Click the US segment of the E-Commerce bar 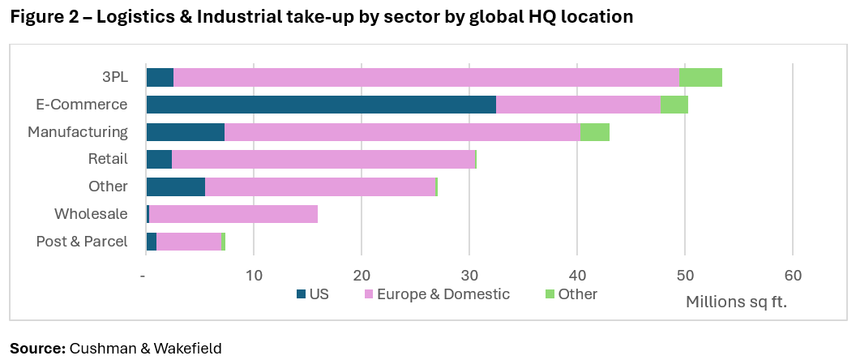coord(321,105)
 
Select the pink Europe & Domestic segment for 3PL coord(426,78)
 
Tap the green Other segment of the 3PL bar coord(700,78)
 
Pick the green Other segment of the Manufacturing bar coord(594,132)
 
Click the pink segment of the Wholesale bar coord(233,214)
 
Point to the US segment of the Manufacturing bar coord(186,132)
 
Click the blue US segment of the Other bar coord(176,186)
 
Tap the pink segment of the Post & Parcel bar coord(189,242)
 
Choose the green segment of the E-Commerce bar coord(674,105)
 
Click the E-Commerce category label coord(82,105)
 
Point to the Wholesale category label coord(91,214)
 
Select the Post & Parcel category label coord(82,242)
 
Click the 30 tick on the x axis coord(469,276)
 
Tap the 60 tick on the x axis coord(792,276)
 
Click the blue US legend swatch coord(301,294)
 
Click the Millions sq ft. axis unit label coord(736,302)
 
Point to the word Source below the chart coord(37,348)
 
